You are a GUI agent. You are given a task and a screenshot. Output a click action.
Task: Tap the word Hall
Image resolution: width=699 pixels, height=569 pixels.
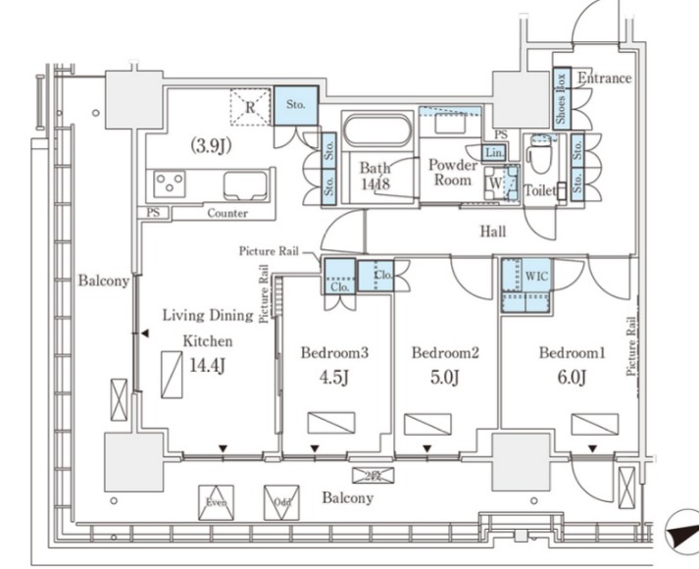(x=493, y=232)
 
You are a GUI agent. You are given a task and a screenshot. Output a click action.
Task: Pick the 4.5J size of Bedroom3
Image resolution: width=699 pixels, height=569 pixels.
(x=332, y=377)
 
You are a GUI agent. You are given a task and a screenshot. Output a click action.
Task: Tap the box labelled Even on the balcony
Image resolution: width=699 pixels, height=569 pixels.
(x=217, y=501)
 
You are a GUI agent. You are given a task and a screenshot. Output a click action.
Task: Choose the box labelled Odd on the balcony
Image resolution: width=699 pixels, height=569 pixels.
(x=282, y=502)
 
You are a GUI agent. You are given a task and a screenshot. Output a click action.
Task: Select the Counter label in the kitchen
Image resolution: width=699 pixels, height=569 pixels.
(x=226, y=213)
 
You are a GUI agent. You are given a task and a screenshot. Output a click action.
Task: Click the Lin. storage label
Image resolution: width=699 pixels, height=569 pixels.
(x=494, y=154)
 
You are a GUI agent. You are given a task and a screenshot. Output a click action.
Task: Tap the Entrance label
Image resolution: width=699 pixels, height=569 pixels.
(x=604, y=78)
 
